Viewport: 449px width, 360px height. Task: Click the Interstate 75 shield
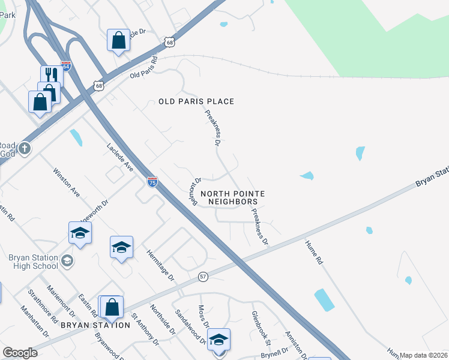(x=152, y=182)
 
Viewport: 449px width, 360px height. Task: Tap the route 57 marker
(x=203, y=277)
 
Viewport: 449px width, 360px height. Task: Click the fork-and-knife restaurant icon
(x=52, y=75)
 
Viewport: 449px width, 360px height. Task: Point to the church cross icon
(x=24, y=148)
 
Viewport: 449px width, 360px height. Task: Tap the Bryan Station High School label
(x=33, y=262)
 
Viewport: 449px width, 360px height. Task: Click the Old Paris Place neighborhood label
(x=196, y=101)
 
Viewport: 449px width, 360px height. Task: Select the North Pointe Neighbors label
(x=232, y=197)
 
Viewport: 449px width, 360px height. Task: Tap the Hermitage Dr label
(x=160, y=265)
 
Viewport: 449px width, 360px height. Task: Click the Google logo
(x=20, y=353)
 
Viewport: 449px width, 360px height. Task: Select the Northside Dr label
(x=162, y=319)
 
